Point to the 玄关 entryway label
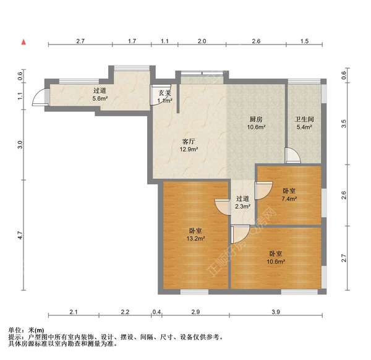[x=164, y=92]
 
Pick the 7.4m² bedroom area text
[x=289, y=199]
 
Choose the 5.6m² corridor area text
[x=100, y=98]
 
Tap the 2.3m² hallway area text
[x=243, y=207]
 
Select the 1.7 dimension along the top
[x=132, y=41]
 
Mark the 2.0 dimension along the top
[x=202, y=41]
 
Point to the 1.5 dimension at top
[x=304, y=41]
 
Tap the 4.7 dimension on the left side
[x=20, y=235]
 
